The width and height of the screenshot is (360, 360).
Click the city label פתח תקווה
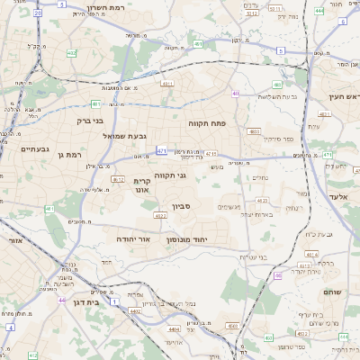[x=206, y=122]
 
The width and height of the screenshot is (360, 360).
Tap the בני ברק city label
[x=89, y=120]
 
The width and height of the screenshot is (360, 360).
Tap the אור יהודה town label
[x=130, y=239]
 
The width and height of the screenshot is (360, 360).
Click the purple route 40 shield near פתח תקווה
[x=236, y=93]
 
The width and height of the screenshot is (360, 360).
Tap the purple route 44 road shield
[x=61, y=300]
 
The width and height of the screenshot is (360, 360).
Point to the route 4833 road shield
[x=253, y=131]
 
